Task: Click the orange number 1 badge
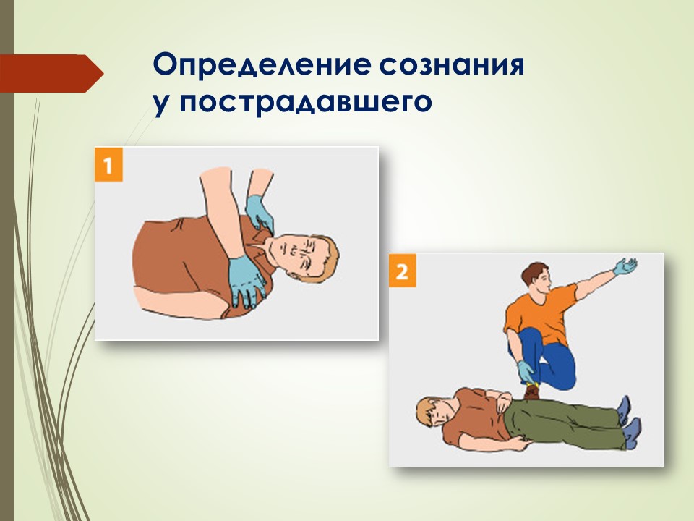tap(108, 165)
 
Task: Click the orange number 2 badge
tap(403, 270)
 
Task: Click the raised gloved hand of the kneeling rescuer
tap(625, 266)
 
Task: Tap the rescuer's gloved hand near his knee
tap(526, 370)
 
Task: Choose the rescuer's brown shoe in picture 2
tap(531, 391)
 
